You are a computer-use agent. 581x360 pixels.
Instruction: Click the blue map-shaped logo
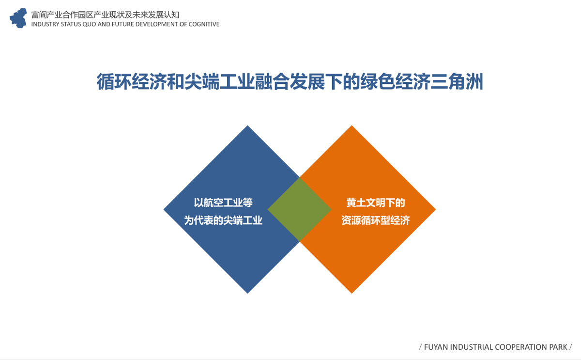tap(18, 18)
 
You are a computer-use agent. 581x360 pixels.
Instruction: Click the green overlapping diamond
tap(300, 209)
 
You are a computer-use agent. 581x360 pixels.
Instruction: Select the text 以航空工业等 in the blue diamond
tap(223, 203)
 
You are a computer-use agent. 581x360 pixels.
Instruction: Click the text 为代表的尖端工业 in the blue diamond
tap(223, 220)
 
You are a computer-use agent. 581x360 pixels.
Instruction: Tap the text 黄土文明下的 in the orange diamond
tap(376, 203)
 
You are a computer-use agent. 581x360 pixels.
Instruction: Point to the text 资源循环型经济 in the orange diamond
tap(376, 220)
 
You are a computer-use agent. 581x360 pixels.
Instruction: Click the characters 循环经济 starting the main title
tap(132, 81)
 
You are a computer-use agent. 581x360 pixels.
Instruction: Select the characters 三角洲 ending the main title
tap(457, 81)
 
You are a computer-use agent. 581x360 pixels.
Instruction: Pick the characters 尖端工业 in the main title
tap(219, 81)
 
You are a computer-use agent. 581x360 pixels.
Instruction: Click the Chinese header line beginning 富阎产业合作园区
tap(106, 15)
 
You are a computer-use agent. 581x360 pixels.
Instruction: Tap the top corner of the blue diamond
tap(247, 125)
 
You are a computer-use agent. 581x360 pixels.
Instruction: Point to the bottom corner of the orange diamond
tap(352, 293)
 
